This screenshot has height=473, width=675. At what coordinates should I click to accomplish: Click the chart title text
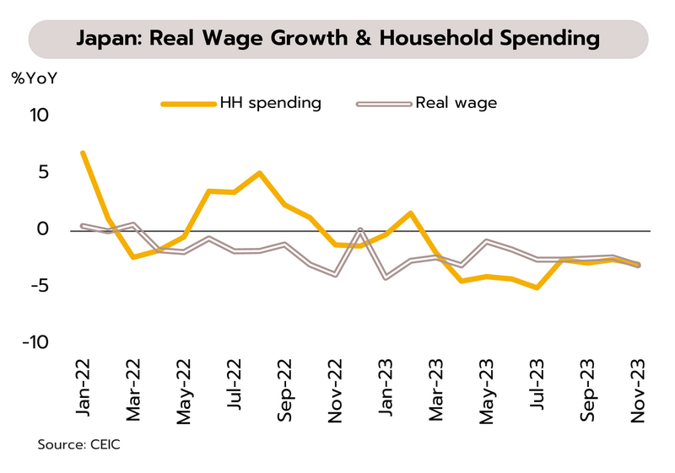coord(337,39)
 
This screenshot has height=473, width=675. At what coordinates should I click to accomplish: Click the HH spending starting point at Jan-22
coord(83,153)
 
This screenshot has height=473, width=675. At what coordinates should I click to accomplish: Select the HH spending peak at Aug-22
coord(259,173)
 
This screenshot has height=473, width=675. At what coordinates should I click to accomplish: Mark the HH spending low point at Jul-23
coord(537,288)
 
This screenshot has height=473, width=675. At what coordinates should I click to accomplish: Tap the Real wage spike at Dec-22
coord(360,229)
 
